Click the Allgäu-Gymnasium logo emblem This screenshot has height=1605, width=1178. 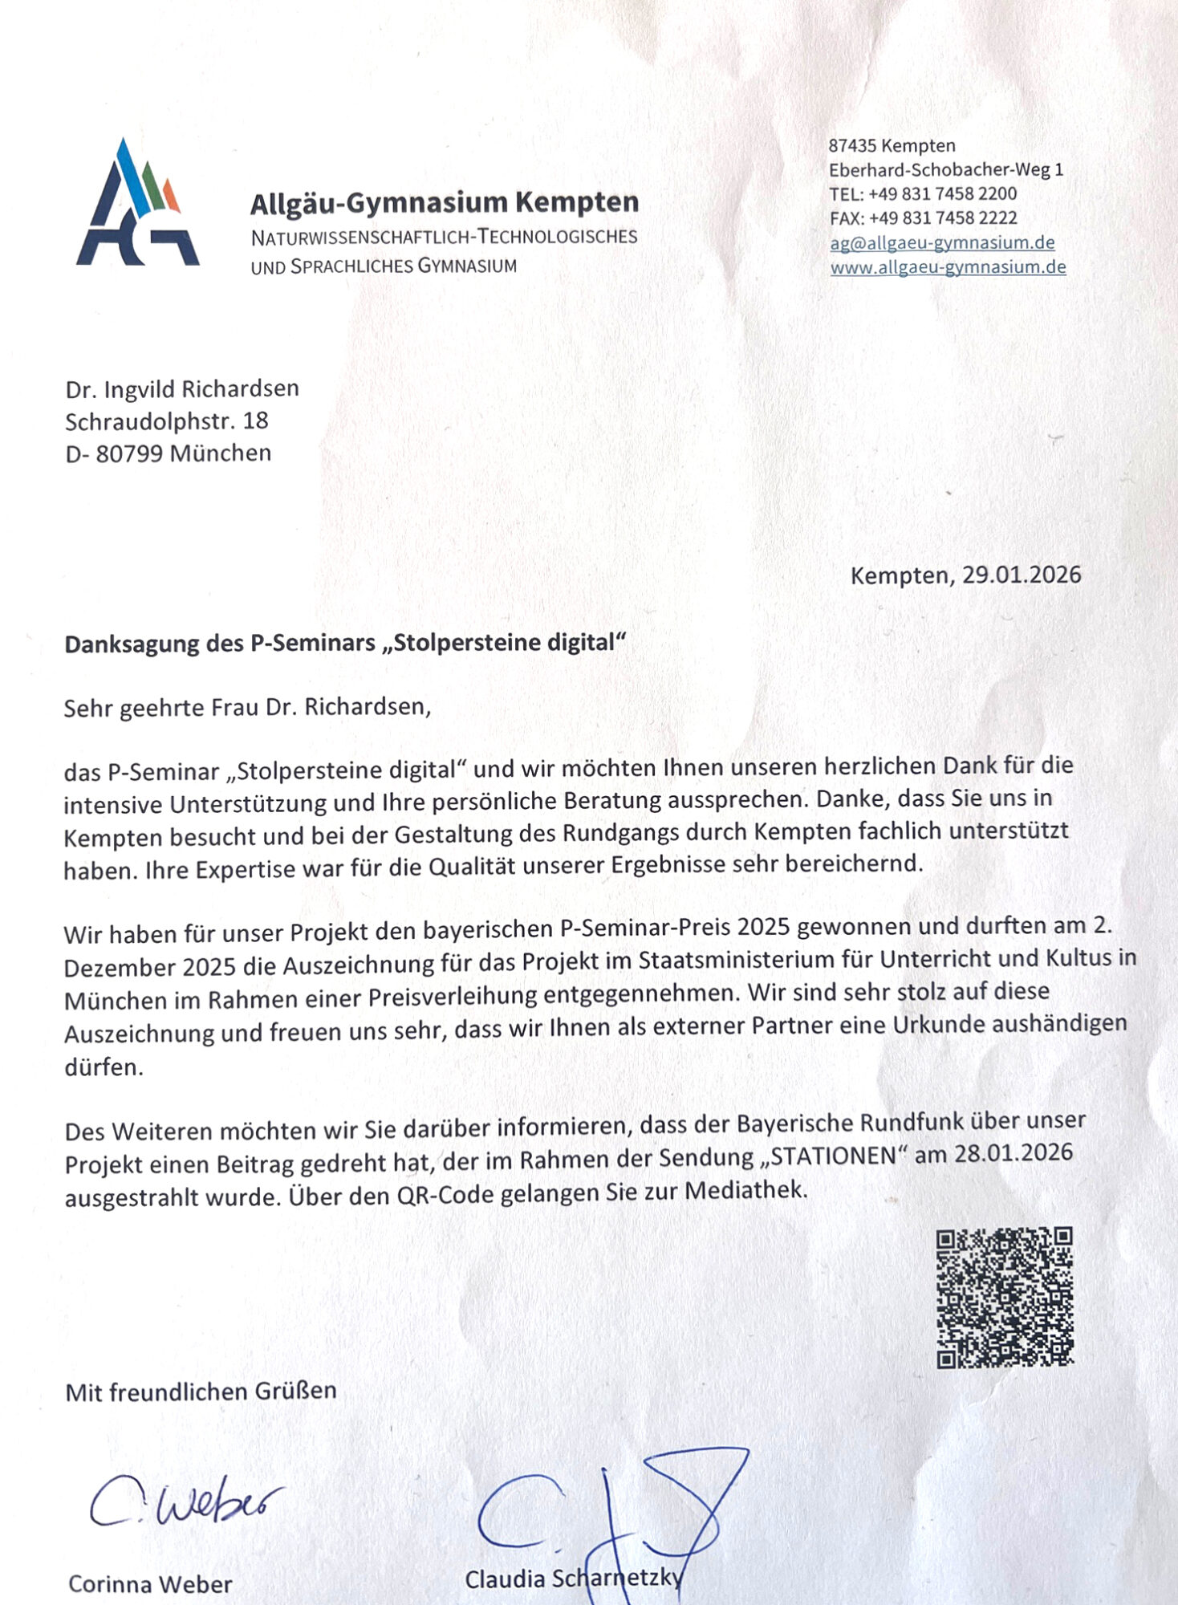(137, 204)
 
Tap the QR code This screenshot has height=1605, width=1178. (1004, 1296)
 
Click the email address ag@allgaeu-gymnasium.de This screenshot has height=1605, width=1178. (942, 242)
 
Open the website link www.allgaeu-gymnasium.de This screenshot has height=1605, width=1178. (948, 267)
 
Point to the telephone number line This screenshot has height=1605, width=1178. (923, 193)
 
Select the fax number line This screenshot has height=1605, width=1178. (923, 218)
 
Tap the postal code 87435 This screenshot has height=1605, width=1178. (853, 146)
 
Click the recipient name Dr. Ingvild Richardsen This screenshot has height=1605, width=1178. (182, 389)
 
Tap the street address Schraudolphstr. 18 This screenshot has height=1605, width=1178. (166, 421)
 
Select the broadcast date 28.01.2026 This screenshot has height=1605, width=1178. (1013, 1153)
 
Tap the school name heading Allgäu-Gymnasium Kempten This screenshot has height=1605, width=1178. (444, 202)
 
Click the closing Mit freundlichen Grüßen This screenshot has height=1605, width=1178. (201, 1391)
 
